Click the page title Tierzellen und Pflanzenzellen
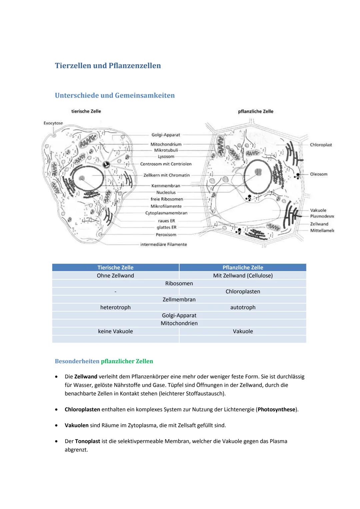point(108,66)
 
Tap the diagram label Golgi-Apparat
point(166,135)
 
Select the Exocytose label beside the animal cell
point(53,123)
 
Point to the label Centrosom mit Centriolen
point(166,164)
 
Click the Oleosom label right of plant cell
point(318,174)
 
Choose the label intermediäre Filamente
point(163,245)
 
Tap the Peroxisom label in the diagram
point(166,235)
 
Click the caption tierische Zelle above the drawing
point(86,111)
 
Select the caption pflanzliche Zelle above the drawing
point(255,111)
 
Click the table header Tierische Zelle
point(115,268)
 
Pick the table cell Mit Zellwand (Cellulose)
point(243,276)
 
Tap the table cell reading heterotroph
point(115,307)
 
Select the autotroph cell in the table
point(243,307)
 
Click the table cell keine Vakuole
point(115,331)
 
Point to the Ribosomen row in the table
point(179,284)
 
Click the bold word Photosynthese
point(276,409)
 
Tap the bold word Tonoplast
point(87,441)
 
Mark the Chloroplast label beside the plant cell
point(321,145)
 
